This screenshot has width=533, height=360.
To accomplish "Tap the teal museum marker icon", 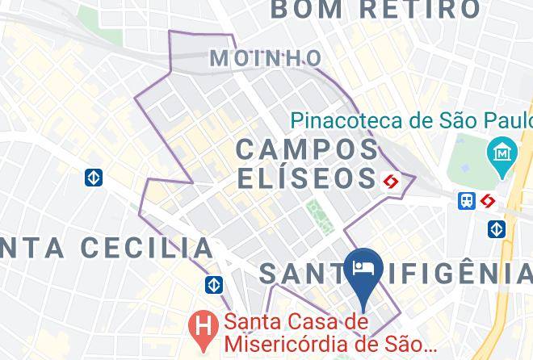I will click(x=502, y=152).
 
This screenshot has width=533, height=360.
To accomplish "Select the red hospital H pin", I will click(x=202, y=325).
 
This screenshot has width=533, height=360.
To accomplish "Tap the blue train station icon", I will click(x=467, y=201).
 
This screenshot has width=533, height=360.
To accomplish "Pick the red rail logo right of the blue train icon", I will click(x=487, y=201).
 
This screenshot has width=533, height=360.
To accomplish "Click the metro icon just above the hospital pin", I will click(x=214, y=285).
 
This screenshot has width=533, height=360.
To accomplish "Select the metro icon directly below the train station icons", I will click(x=497, y=229).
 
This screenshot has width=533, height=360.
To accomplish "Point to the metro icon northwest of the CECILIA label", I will click(x=94, y=178).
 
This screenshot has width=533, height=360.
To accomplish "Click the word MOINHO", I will click(x=265, y=58).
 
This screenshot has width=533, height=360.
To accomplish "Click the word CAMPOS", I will click(x=307, y=149).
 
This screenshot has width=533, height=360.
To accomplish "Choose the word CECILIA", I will click(x=141, y=247).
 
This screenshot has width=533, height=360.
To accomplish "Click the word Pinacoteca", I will click(x=348, y=121).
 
